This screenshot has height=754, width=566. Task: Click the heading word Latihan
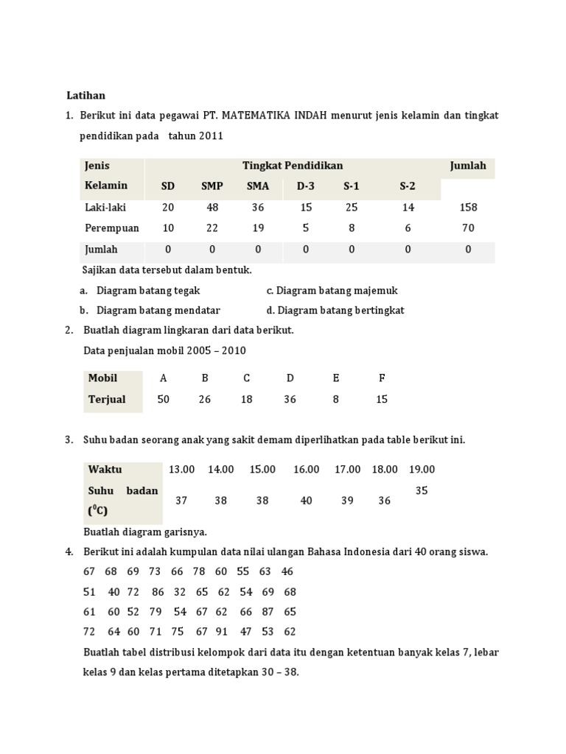(x=86, y=95)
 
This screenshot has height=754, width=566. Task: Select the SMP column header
(x=212, y=186)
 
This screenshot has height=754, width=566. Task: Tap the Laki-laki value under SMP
(x=212, y=208)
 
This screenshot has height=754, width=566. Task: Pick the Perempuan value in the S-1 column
(x=352, y=228)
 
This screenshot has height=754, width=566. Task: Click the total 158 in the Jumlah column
(x=468, y=208)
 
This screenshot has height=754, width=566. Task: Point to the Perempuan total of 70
(x=468, y=228)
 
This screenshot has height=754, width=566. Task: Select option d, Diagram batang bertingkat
(x=335, y=310)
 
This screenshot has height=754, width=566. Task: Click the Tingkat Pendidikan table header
(x=293, y=166)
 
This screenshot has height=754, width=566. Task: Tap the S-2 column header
(x=408, y=186)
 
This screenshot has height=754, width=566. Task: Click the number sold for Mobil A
(x=163, y=399)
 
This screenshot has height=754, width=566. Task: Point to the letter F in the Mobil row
(x=382, y=378)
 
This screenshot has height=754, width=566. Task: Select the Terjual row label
(x=107, y=399)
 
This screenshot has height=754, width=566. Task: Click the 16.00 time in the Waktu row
(x=306, y=470)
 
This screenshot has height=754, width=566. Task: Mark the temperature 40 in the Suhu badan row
(x=306, y=501)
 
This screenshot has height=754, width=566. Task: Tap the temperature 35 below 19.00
(x=422, y=490)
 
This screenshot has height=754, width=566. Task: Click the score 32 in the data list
(x=180, y=591)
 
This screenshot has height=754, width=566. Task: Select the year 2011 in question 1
(x=209, y=136)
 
